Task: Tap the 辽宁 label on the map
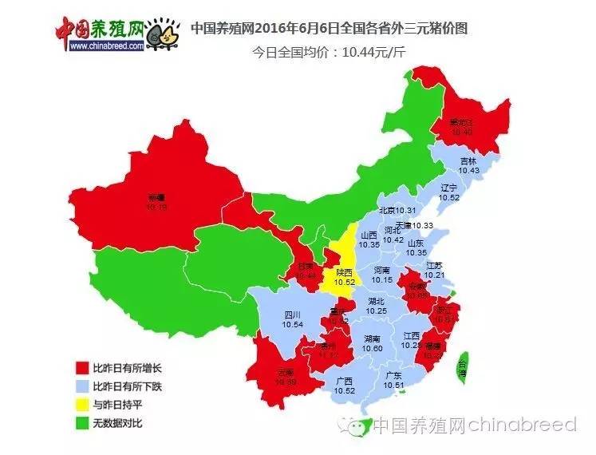tap(449, 187)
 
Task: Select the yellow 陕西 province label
tap(344, 272)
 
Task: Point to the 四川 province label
tap(293, 315)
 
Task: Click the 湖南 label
tap(372, 339)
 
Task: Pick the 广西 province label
tap(345, 381)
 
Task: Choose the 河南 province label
tap(382, 271)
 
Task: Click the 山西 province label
tap(369, 235)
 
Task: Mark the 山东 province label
tap(416, 243)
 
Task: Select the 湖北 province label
tap(377, 301)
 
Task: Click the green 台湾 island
tap(462, 366)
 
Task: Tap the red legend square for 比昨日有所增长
tap(81, 369)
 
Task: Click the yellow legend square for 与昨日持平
tap(81, 404)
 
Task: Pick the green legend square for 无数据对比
tap(81, 421)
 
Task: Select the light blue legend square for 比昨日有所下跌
tap(81, 386)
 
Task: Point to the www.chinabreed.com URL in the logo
tap(106, 46)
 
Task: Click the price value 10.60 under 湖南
tap(372, 349)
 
